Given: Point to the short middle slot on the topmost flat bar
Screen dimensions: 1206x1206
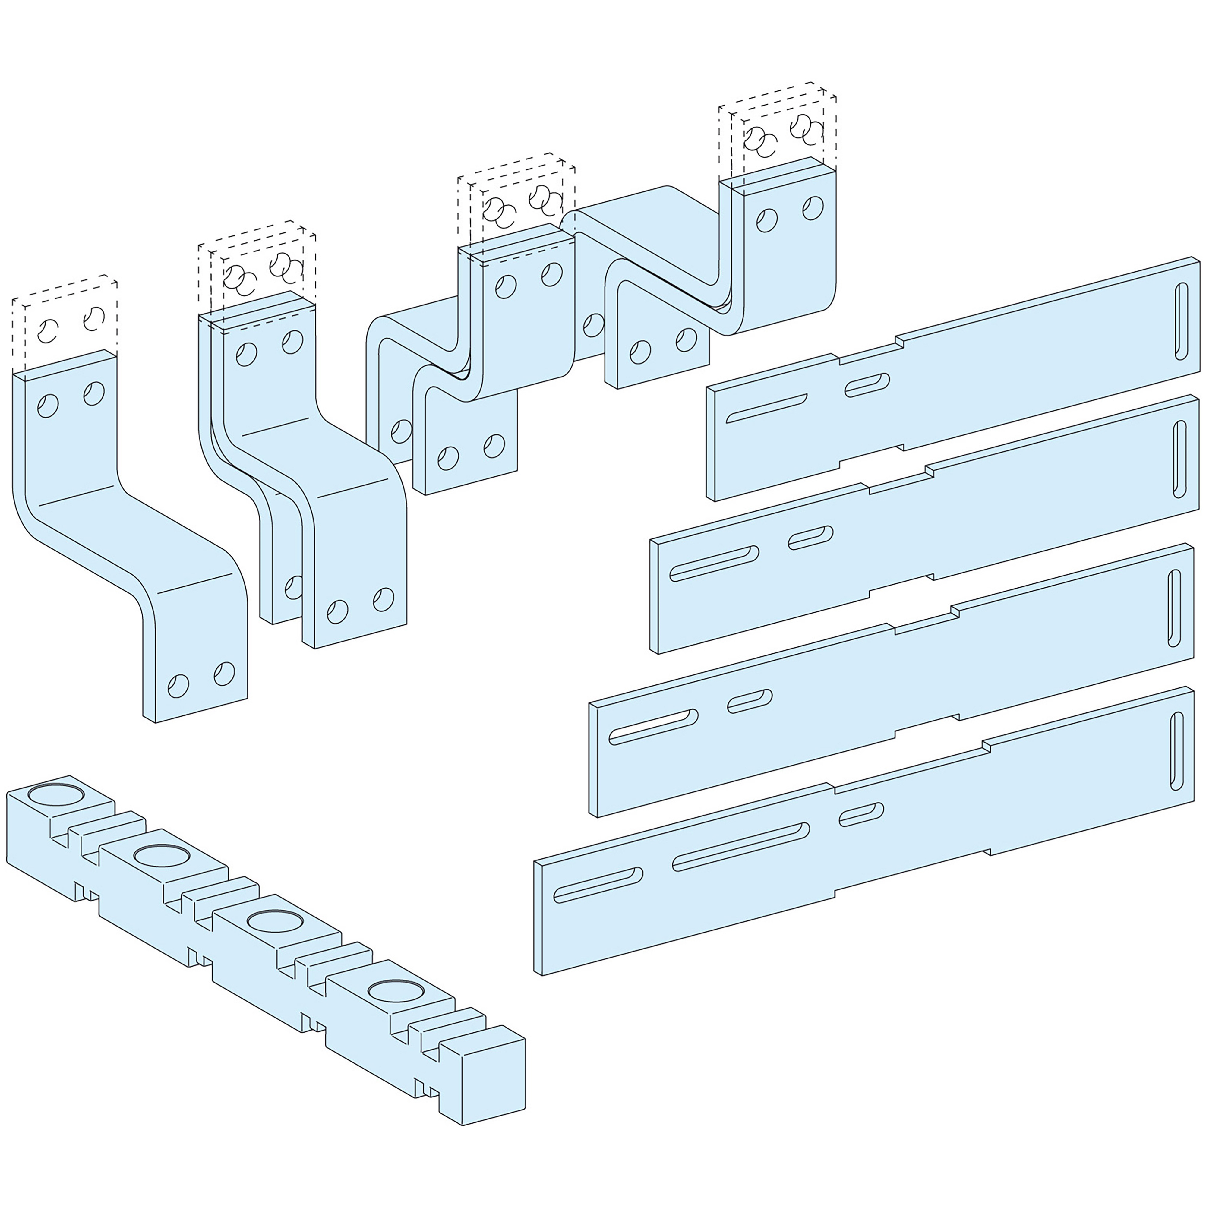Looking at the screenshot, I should (x=867, y=385).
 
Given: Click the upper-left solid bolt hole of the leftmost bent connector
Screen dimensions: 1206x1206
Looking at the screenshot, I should (x=48, y=406).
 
